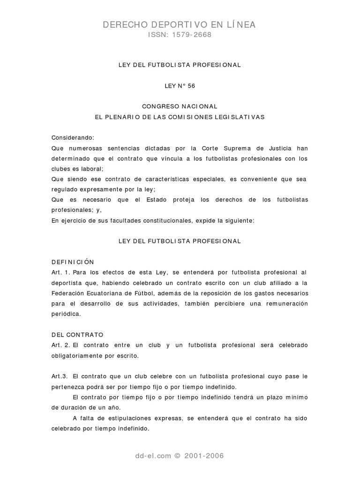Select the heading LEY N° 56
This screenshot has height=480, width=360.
point(180,86)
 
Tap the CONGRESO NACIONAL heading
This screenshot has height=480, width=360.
point(180,106)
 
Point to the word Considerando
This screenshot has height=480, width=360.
point(73,137)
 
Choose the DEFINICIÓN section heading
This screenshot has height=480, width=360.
point(73,262)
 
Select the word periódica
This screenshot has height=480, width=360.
point(66,314)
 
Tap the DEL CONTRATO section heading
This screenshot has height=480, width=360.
point(77,335)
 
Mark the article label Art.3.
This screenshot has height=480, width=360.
point(60,376)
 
